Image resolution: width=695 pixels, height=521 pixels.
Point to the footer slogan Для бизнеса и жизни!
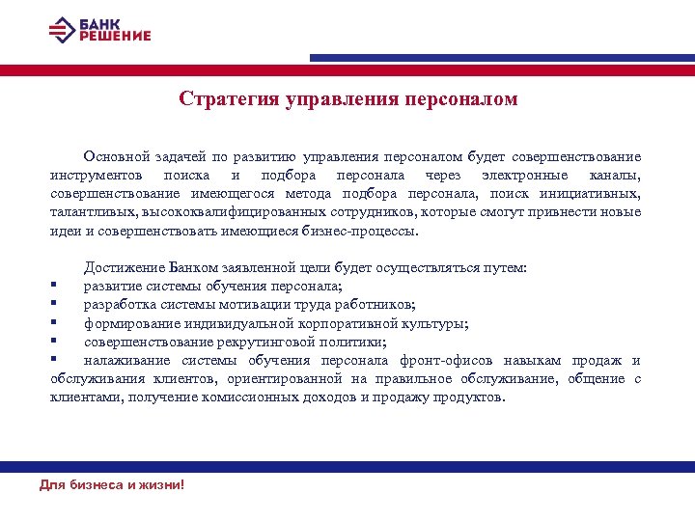click(x=111, y=484)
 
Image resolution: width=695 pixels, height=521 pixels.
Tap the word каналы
click(x=614, y=176)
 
